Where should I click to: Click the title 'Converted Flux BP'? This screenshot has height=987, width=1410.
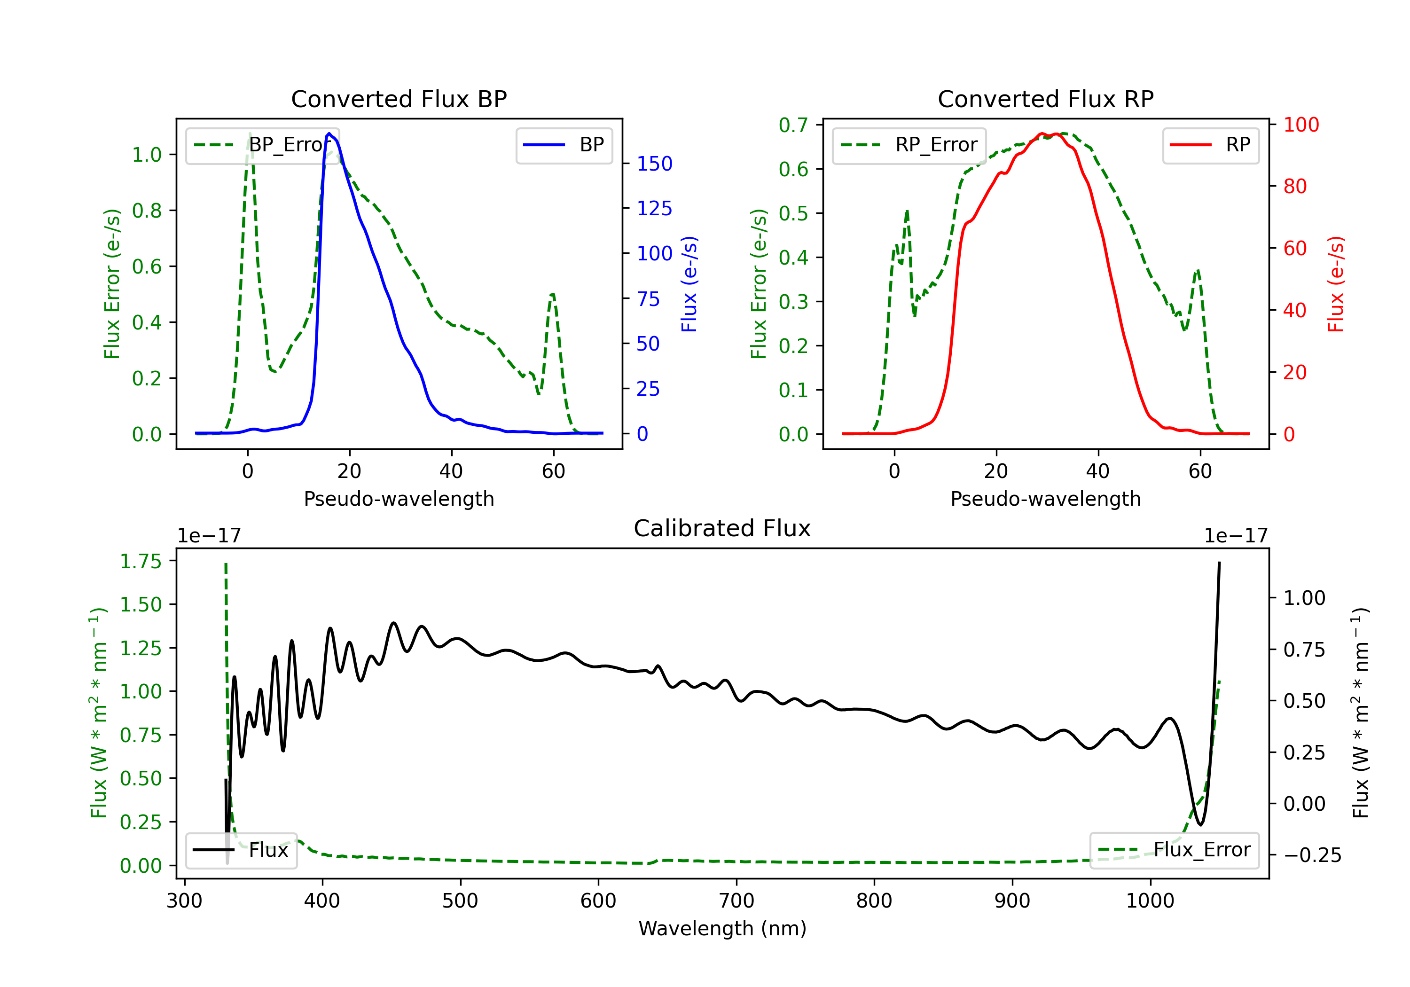(399, 99)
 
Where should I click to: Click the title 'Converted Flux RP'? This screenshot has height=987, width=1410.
(1045, 99)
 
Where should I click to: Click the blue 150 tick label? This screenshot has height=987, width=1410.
(654, 164)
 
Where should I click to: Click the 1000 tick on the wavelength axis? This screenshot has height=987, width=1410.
(1150, 901)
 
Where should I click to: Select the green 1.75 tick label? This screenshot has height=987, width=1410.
(141, 561)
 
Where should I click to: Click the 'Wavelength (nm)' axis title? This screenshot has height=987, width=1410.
(722, 928)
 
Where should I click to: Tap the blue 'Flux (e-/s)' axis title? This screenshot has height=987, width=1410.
(689, 284)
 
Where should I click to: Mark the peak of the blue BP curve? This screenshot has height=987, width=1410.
(329, 133)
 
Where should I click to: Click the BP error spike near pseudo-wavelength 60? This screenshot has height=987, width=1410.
(553, 295)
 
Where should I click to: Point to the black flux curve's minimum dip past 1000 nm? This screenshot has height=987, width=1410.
(1200, 824)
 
